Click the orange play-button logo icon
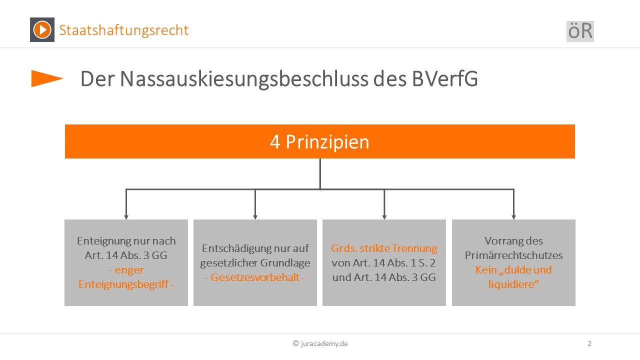coord(42,29)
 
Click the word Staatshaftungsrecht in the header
coord(123,30)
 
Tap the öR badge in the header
coord(580,31)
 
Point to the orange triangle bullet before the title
coord(47,78)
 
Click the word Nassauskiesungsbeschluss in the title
coord(244,79)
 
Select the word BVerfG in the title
coord(445,78)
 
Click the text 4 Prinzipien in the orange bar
coord(319,141)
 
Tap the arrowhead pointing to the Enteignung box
coord(126,217)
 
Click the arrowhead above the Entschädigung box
coord(255,217)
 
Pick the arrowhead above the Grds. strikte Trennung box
coord(384,217)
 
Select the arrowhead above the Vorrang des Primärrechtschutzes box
coord(513,217)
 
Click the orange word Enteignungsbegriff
coord(123,284)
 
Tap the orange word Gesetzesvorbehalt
coord(255,277)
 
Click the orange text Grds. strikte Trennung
coord(384,248)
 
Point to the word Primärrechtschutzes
coord(513,255)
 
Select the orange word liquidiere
coord(511,284)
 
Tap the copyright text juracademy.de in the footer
coord(320,343)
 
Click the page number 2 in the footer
coord(589,343)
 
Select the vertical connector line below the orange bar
coord(320,173)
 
